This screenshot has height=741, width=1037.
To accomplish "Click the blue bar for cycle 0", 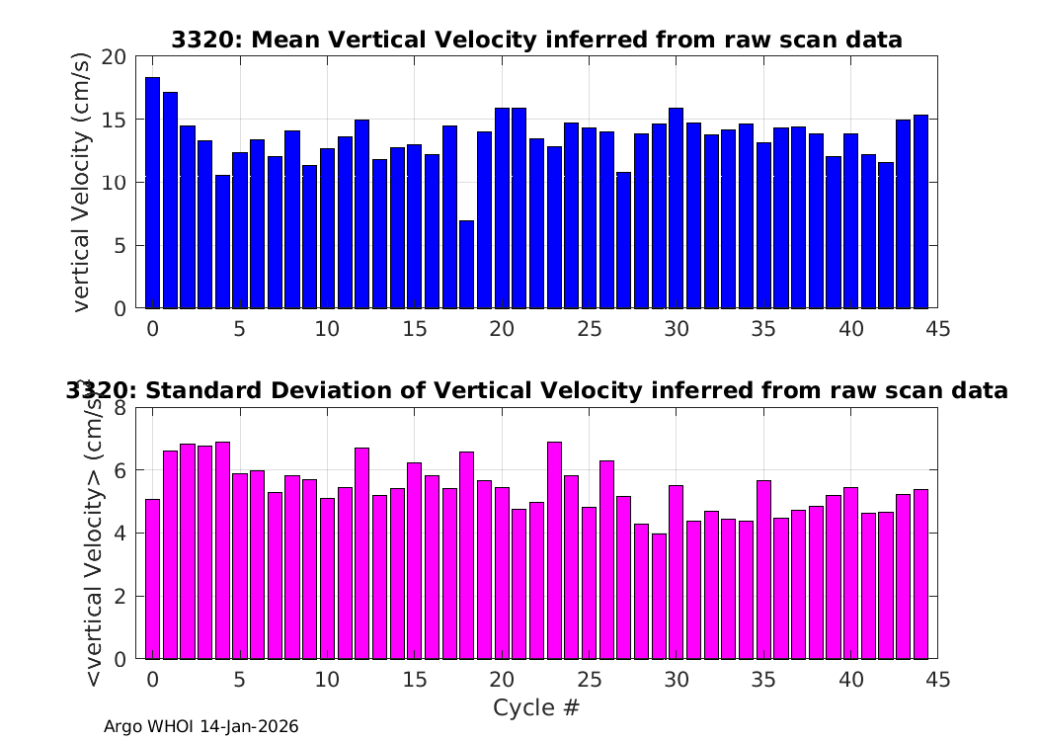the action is (x=153, y=193).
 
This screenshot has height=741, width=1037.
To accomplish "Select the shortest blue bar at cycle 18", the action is (x=467, y=265).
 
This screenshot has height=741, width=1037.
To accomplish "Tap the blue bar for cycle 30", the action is (x=676, y=207).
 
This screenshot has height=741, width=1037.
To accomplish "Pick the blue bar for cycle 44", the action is (x=920, y=211).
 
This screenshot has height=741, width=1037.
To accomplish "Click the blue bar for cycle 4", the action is (x=223, y=241).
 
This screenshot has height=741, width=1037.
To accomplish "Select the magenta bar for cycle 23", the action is (x=554, y=550).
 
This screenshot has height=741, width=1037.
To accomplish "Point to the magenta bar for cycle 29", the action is (x=659, y=596).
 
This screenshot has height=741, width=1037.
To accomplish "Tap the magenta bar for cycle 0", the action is (x=153, y=579).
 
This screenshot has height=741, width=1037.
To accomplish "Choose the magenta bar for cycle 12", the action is (x=361, y=553).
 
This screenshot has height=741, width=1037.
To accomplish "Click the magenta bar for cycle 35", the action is (x=763, y=570).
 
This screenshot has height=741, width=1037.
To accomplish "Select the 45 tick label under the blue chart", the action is (x=938, y=329).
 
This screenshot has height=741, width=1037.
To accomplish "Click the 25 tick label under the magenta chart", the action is (x=589, y=680).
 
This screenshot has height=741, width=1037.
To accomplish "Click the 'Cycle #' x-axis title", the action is (x=536, y=707).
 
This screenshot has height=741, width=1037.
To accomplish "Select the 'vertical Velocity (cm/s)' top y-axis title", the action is (x=81, y=182).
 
